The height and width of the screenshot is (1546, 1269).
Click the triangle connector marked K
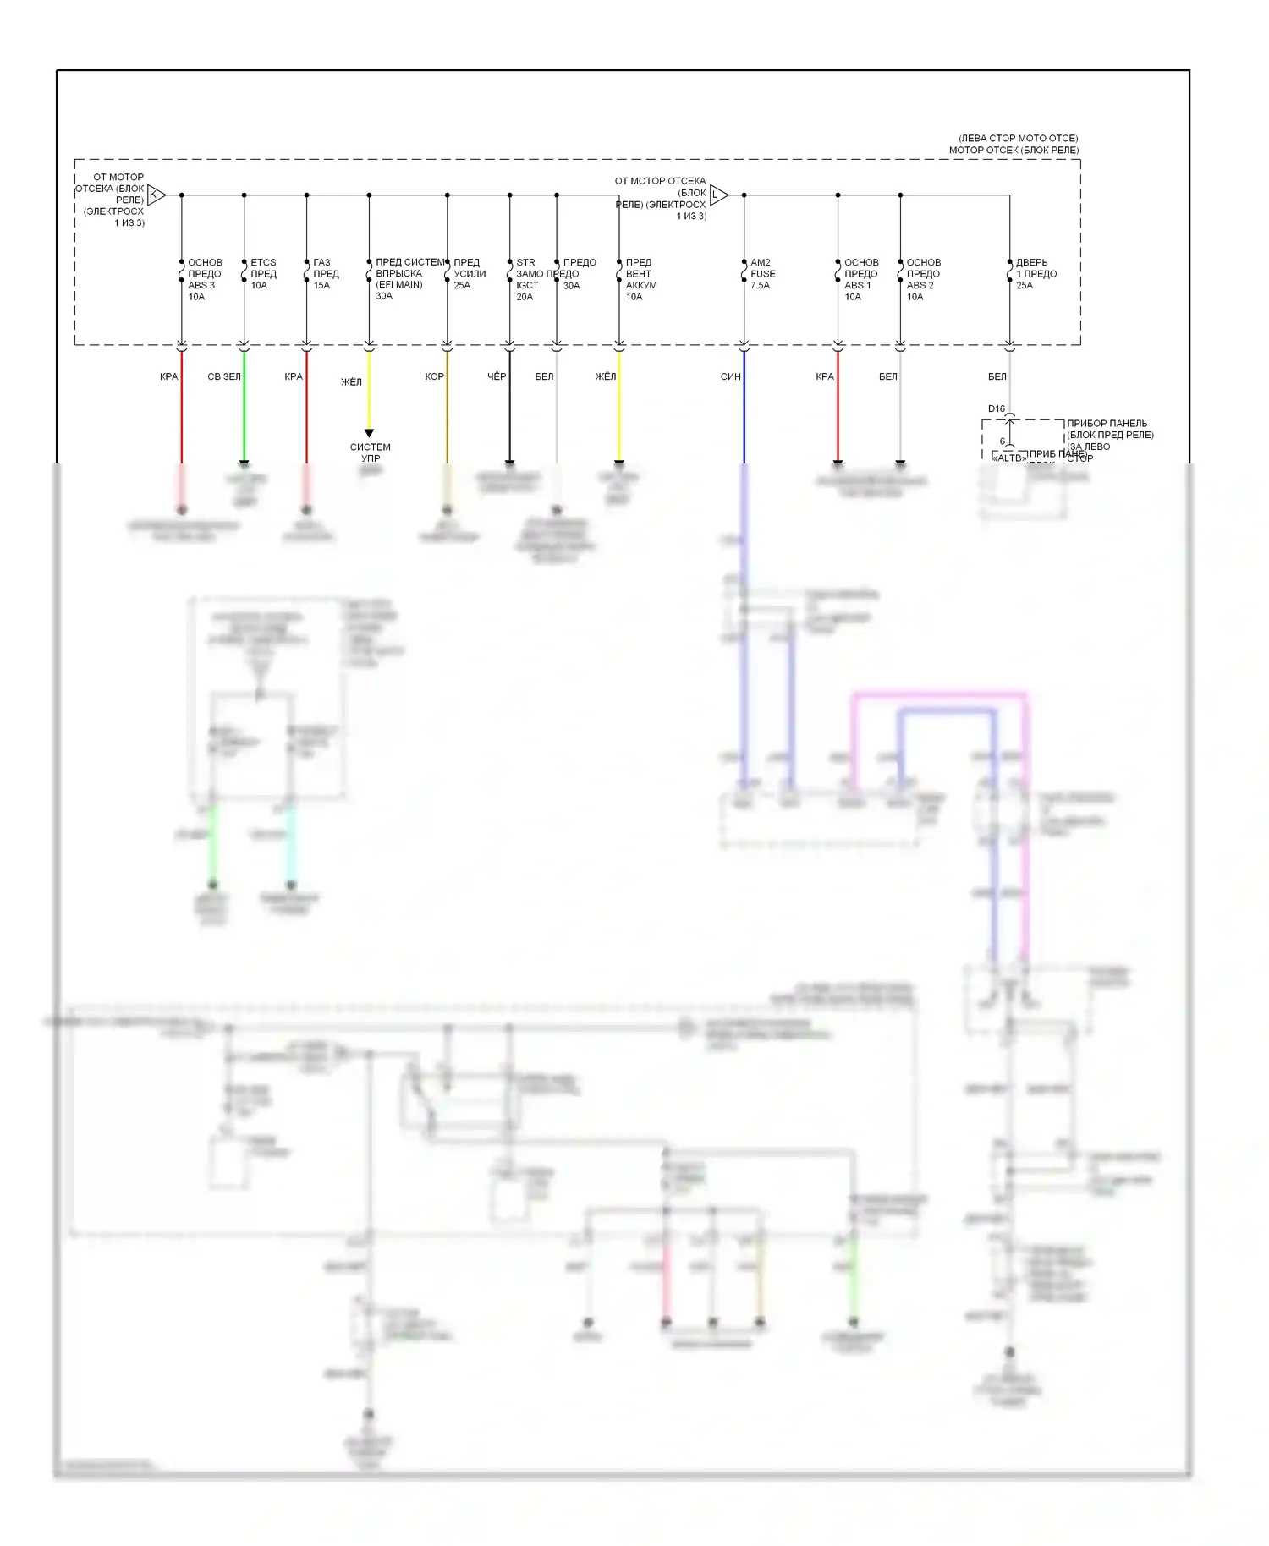point(156,195)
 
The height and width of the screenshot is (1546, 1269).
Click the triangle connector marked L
point(717,195)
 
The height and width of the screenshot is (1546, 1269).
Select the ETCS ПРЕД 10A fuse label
point(263,274)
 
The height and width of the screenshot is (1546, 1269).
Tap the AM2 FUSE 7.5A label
point(762,274)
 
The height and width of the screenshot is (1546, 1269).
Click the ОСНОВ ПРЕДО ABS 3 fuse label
point(204,279)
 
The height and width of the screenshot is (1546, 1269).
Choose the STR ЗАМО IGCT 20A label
point(527,279)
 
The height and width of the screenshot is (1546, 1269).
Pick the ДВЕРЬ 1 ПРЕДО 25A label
point(1036,274)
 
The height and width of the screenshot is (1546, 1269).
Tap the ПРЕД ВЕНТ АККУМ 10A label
point(640,279)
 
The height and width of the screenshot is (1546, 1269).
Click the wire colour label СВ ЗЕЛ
point(224,376)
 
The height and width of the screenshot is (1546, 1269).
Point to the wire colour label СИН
point(730,376)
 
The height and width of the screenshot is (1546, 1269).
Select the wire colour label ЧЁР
point(497,376)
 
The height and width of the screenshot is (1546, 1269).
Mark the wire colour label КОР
point(434,376)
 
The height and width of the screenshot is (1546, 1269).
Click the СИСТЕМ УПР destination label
point(371,452)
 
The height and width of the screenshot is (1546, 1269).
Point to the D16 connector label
point(997,409)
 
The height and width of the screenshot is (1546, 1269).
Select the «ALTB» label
point(1008,458)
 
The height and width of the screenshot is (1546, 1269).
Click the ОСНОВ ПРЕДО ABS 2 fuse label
point(923,279)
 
